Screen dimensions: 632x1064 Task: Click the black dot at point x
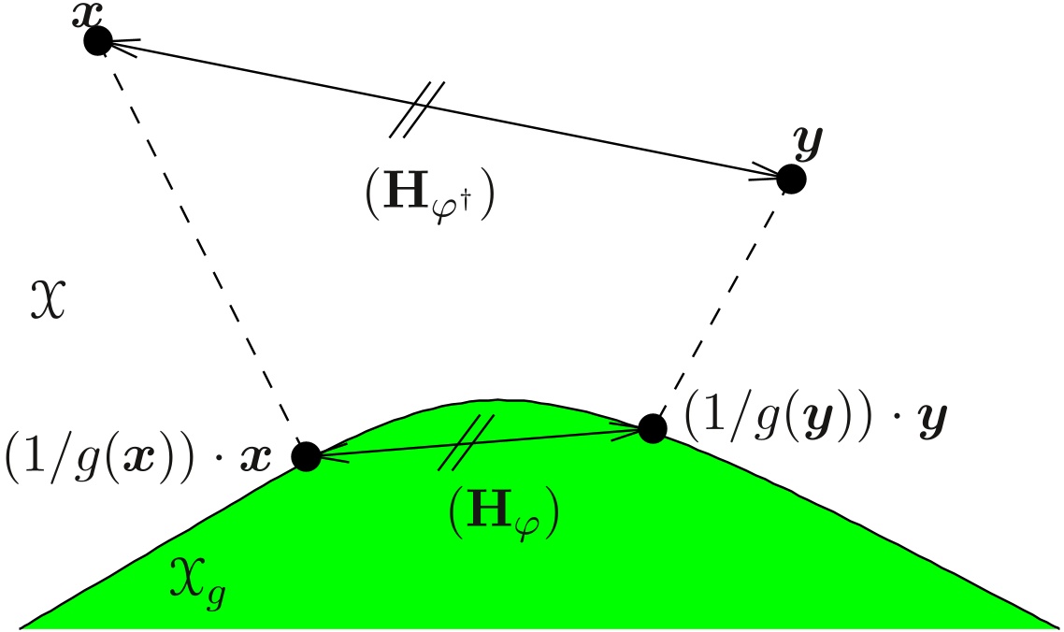click(x=98, y=40)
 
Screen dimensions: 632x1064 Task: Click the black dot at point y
click(x=791, y=178)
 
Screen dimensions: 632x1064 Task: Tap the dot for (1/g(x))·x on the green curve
click(x=307, y=456)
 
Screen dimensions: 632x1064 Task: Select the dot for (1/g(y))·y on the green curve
click(x=652, y=428)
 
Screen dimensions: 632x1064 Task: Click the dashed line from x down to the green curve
click(x=202, y=248)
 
